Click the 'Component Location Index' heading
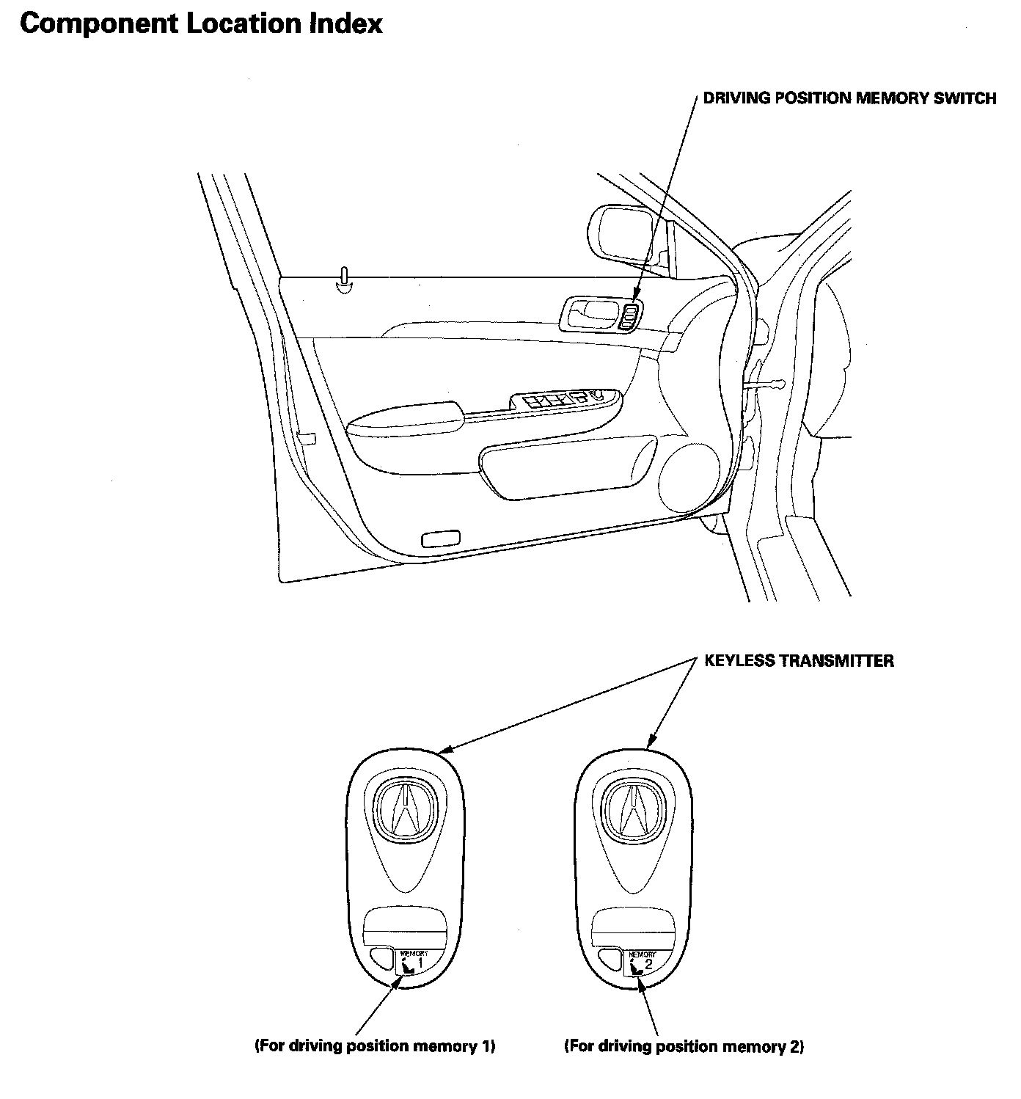[201, 24]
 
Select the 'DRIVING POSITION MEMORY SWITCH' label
[849, 98]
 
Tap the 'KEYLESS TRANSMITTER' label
[799, 661]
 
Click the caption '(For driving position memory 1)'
[375, 1045]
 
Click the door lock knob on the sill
[344, 279]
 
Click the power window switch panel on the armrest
[565, 400]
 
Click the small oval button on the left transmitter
[380, 956]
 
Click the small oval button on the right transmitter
[608, 956]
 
